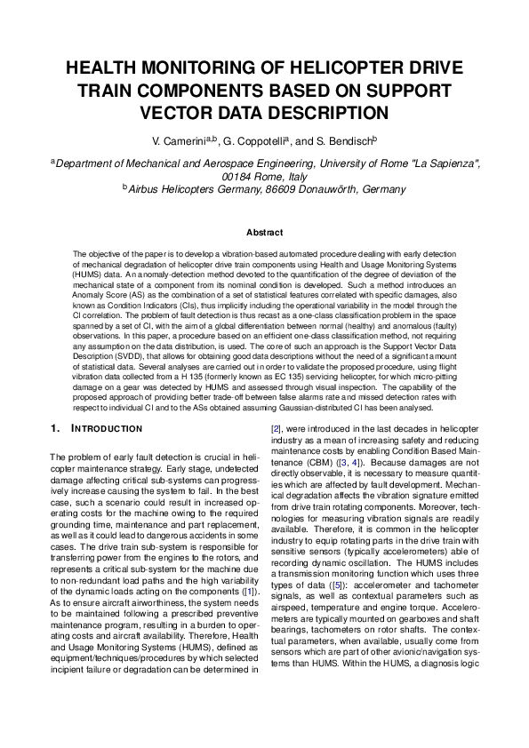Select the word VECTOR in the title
pos(183,112)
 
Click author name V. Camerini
pos(177,140)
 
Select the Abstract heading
pos(264,233)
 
